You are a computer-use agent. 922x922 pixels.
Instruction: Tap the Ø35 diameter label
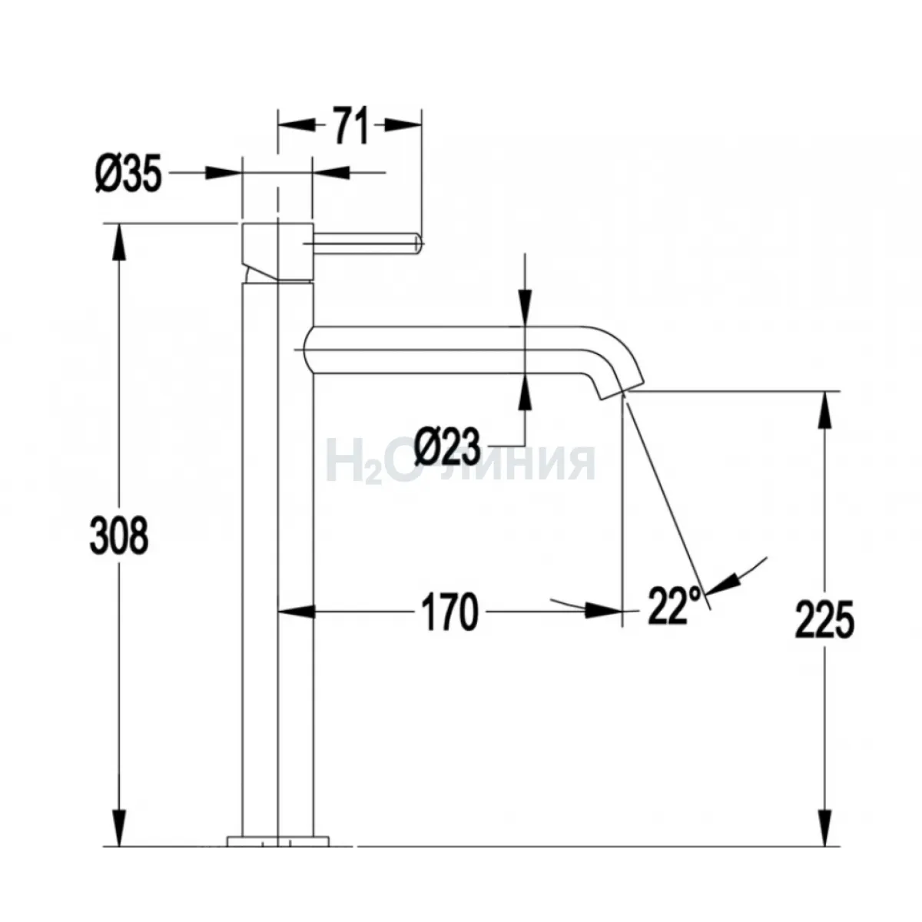pyautogui.click(x=129, y=173)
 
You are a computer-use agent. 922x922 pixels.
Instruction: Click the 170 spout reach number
pyautogui.click(x=449, y=612)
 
